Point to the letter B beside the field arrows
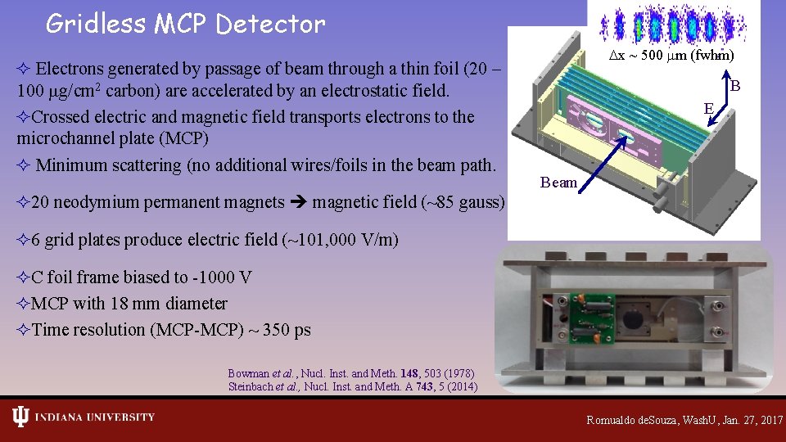(735, 86)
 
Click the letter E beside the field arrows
(709, 107)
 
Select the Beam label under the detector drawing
(558, 183)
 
